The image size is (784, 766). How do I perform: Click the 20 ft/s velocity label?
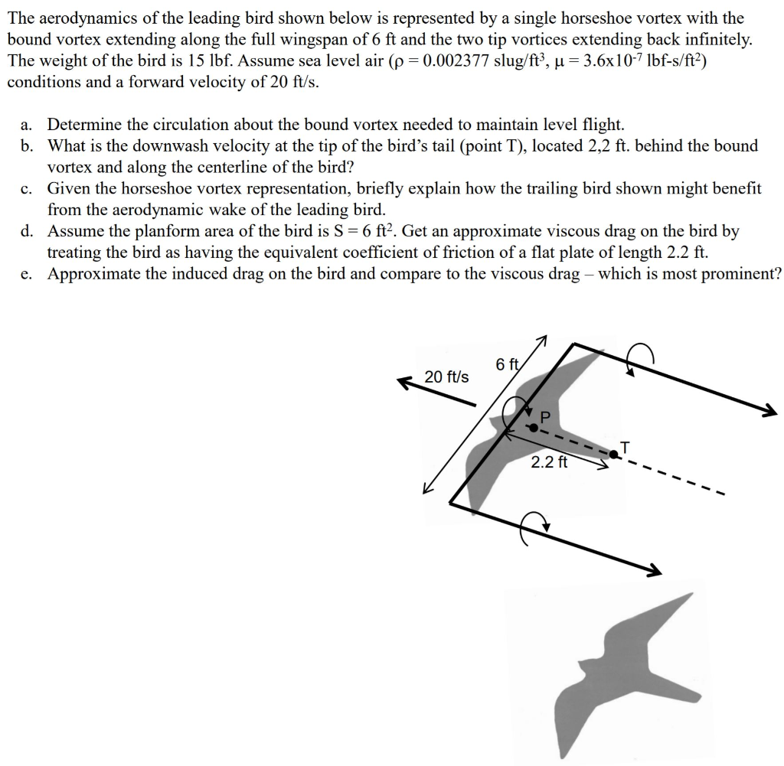tap(447, 377)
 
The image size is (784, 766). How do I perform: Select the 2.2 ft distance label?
tap(549, 461)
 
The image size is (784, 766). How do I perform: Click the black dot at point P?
tap(534, 428)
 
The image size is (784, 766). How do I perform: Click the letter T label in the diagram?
tap(626, 446)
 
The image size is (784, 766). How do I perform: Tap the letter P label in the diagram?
tap(545, 417)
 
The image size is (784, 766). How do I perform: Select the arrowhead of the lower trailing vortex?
tap(653, 570)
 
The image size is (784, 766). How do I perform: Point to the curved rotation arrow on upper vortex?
tap(640, 357)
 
